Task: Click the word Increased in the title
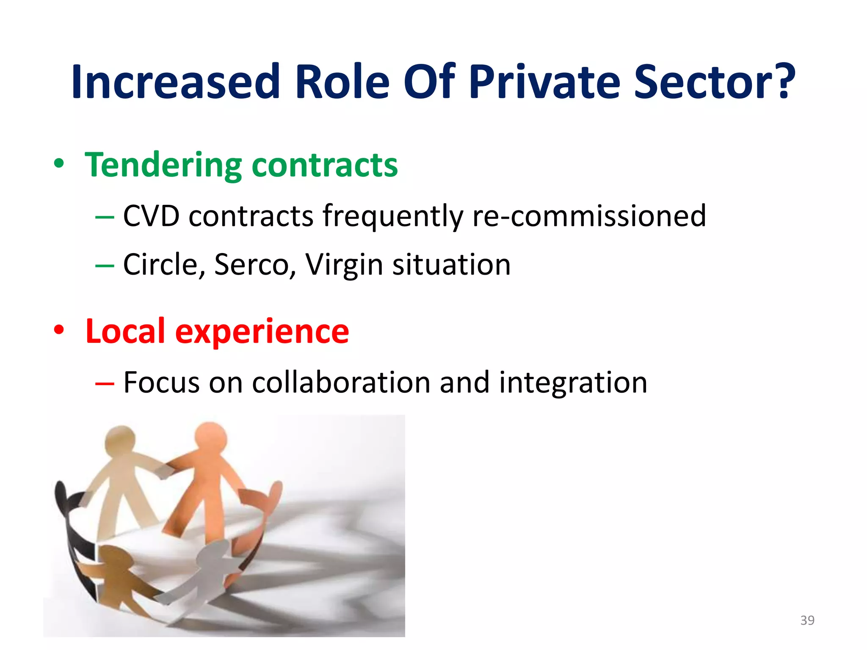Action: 176,82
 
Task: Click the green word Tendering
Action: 163,165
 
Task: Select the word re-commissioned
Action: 589,216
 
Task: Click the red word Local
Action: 125,331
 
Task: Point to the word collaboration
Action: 342,383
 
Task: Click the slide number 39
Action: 807,620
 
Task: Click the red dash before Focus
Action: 105,383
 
